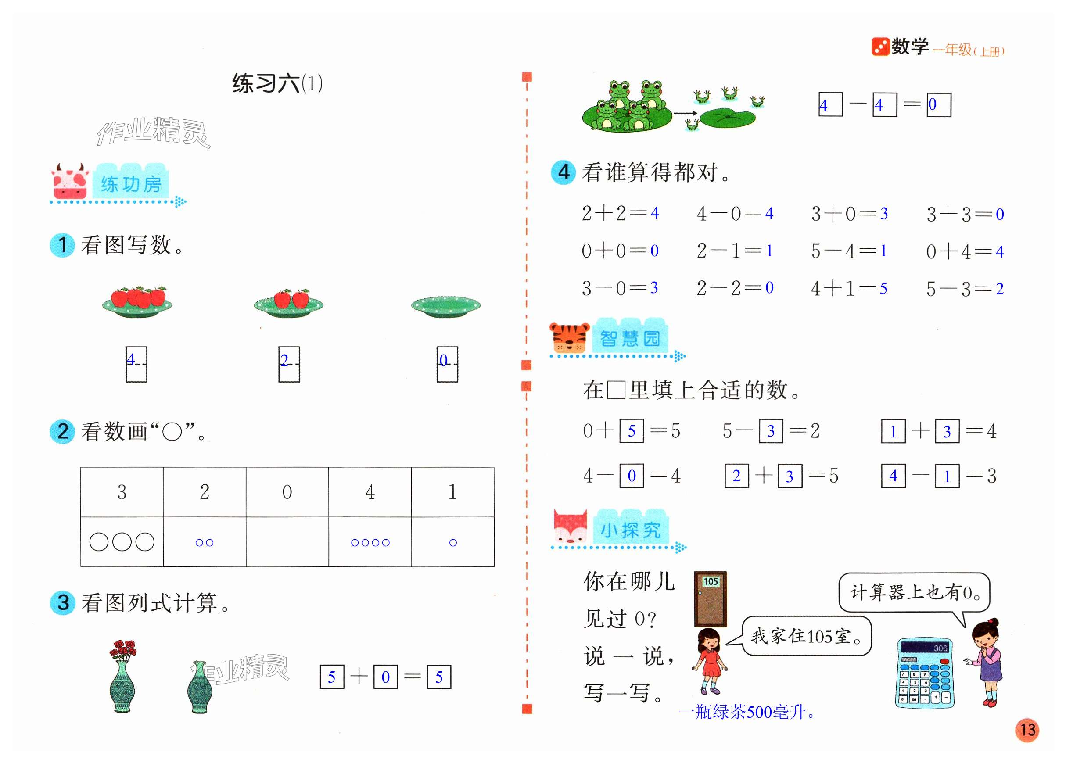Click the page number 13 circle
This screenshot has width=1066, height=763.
[1027, 730]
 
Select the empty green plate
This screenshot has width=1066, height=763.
[445, 306]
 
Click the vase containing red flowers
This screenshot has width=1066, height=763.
[122, 677]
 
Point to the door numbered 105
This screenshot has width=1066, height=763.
[710, 598]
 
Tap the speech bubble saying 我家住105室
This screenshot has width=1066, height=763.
[806, 636]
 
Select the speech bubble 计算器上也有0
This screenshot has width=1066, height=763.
[914, 592]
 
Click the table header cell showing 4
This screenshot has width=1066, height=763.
[370, 492]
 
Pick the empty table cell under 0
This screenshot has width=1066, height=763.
[287, 542]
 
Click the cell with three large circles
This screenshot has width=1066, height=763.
[122, 542]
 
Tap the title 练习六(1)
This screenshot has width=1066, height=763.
[277, 84]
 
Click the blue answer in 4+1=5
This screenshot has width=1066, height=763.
[883, 288]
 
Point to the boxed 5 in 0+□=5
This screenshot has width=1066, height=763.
[632, 431]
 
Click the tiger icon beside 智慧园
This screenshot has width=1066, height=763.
[569, 338]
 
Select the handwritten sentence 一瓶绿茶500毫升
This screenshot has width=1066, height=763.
[747, 712]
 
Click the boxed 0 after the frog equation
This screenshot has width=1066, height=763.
[938, 105]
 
